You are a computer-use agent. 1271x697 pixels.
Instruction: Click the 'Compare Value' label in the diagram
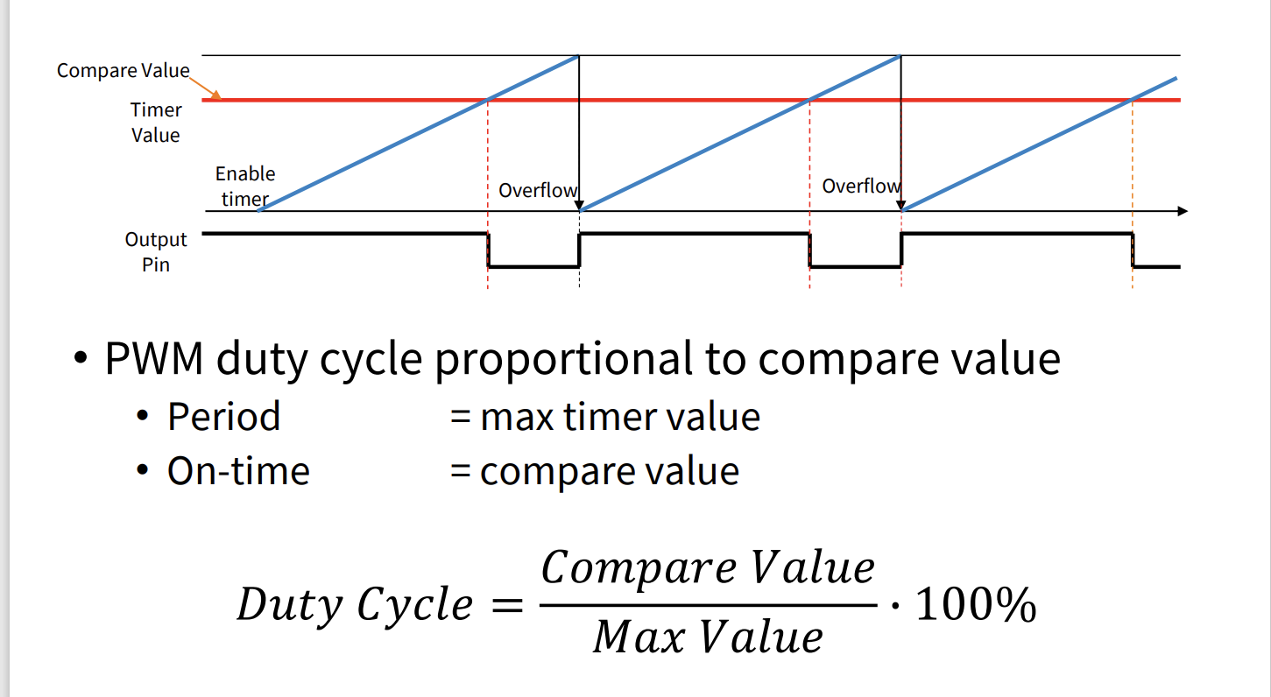(123, 71)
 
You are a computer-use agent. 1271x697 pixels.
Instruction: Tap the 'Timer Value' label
(156, 123)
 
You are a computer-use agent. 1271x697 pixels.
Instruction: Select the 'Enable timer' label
(245, 187)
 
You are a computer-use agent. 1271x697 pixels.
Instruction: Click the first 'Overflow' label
(537, 190)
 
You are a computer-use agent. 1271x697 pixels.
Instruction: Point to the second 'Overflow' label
(860, 186)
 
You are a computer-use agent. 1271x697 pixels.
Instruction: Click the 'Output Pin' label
(156, 251)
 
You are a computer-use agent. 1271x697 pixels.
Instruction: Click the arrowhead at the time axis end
(1183, 211)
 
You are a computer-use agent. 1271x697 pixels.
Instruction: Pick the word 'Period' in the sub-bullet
(223, 417)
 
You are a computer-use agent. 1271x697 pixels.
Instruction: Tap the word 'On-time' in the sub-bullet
(238, 471)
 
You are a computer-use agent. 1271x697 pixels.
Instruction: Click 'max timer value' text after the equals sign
(619, 417)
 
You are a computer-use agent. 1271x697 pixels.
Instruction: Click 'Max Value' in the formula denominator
(708, 637)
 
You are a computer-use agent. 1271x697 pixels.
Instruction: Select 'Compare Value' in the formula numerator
(708, 568)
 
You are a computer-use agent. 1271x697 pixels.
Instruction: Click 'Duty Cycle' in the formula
(354, 605)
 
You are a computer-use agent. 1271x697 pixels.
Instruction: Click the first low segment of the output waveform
(533, 265)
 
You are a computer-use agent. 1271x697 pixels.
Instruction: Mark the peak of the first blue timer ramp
(578, 57)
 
